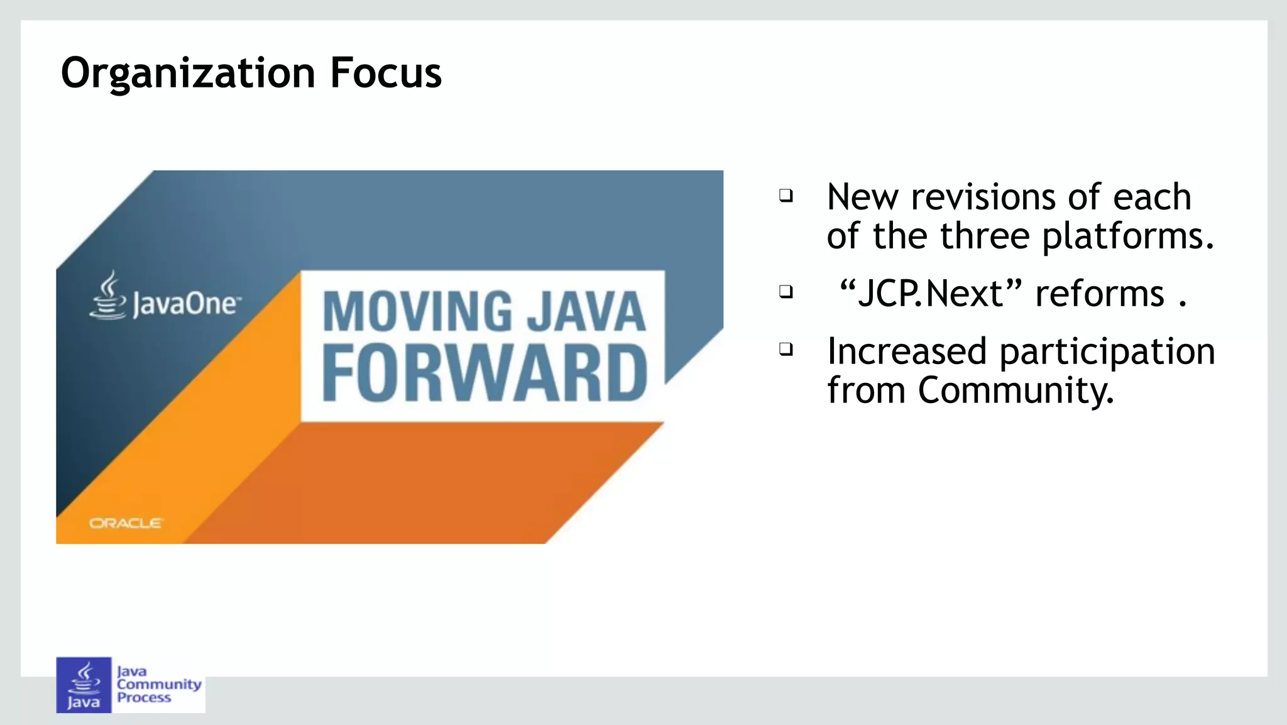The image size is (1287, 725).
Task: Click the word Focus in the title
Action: pyautogui.click(x=386, y=73)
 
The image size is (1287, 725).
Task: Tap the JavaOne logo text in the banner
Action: pyautogui.click(x=185, y=305)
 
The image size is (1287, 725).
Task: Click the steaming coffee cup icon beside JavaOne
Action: pyautogui.click(x=108, y=296)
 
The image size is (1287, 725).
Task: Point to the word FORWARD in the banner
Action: pyautogui.click(x=485, y=374)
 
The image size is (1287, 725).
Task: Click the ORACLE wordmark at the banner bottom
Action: pyautogui.click(x=126, y=523)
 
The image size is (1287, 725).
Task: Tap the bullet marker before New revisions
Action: pyautogui.click(x=786, y=196)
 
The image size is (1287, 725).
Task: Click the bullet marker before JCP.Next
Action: pyautogui.click(x=786, y=292)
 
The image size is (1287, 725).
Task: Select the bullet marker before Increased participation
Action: pyautogui.click(x=786, y=349)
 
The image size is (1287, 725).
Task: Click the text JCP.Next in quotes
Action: pyautogui.click(x=930, y=294)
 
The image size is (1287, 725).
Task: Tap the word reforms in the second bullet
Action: pyautogui.click(x=1099, y=294)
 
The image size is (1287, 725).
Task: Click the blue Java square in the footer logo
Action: pyautogui.click(x=84, y=685)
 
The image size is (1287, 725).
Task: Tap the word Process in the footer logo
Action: pyautogui.click(x=144, y=697)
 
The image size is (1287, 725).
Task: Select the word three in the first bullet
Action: pyautogui.click(x=985, y=236)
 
